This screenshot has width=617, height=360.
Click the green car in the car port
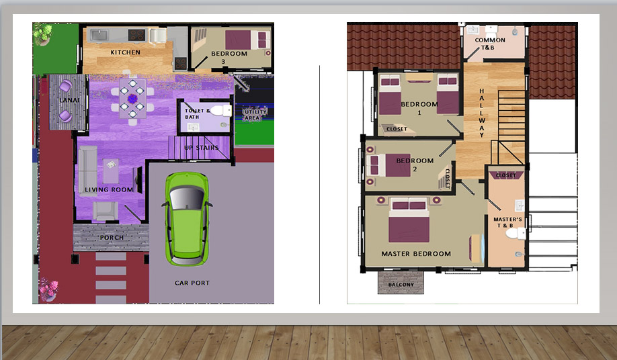[x=187, y=218]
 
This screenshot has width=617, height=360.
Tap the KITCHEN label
[x=125, y=52]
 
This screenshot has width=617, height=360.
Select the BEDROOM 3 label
[x=229, y=57]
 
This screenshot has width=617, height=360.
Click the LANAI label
[x=69, y=100]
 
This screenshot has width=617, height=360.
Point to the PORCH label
[x=112, y=238]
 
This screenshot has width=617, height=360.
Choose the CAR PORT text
[x=192, y=283]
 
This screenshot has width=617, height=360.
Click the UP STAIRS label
[x=201, y=148]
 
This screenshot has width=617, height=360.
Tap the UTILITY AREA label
[x=255, y=115]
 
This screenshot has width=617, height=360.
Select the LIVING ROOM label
[x=109, y=190]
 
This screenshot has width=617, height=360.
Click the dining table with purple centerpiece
[x=132, y=99]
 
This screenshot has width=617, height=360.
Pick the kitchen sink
[x=99, y=36]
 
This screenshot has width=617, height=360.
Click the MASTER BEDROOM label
[x=416, y=254]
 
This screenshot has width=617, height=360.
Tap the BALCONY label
[x=401, y=285]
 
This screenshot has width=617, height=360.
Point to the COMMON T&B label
[x=489, y=44]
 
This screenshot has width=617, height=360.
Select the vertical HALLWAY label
[x=482, y=113]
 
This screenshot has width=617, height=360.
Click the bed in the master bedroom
[x=409, y=220]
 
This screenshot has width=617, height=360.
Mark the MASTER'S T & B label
[x=507, y=222]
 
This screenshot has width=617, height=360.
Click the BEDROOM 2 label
[x=415, y=165]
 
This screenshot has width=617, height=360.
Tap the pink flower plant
[x=49, y=289]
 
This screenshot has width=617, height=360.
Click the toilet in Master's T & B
[x=516, y=234]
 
